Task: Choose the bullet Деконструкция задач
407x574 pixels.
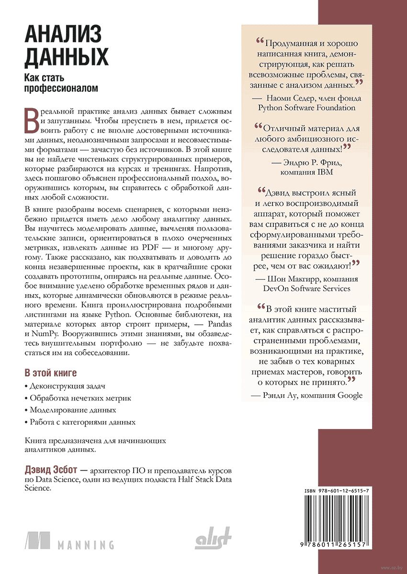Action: pos(67,386)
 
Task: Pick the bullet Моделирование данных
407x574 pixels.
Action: pos(73,410)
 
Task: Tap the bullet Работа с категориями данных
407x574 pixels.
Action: pos(82,422)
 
